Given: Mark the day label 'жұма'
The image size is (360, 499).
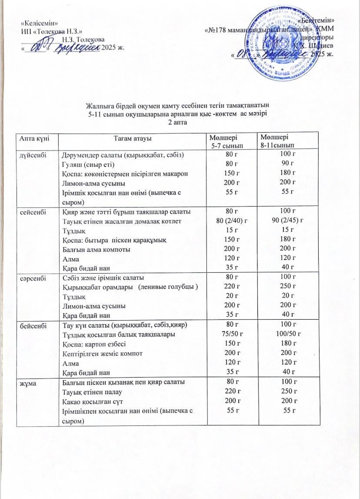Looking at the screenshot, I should [x=25, y=382].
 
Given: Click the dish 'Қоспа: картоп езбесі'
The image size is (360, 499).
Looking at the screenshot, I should [x=93, y=344].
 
